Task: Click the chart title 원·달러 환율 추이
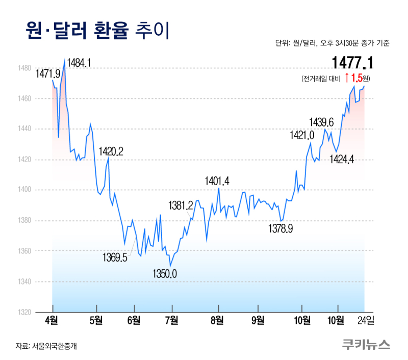click(x=97, y=31)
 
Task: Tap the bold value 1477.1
click(x=352, y=63)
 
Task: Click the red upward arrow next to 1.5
click(x=347, y=78)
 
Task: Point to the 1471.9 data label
click(x=48, y=74)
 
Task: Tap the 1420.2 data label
click(x=111, y=151)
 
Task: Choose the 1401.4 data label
click(x=217, y=181)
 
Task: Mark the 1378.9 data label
click(x=280, y=229)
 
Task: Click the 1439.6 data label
click(x=322, y=122)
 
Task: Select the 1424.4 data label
click(x=342, y=159)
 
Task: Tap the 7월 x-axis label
click(x=172, y=321)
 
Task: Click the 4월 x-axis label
click(x=52, y=321)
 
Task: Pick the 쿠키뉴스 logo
click(x=366, y=345)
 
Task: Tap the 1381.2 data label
click(x=181, y=205)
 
